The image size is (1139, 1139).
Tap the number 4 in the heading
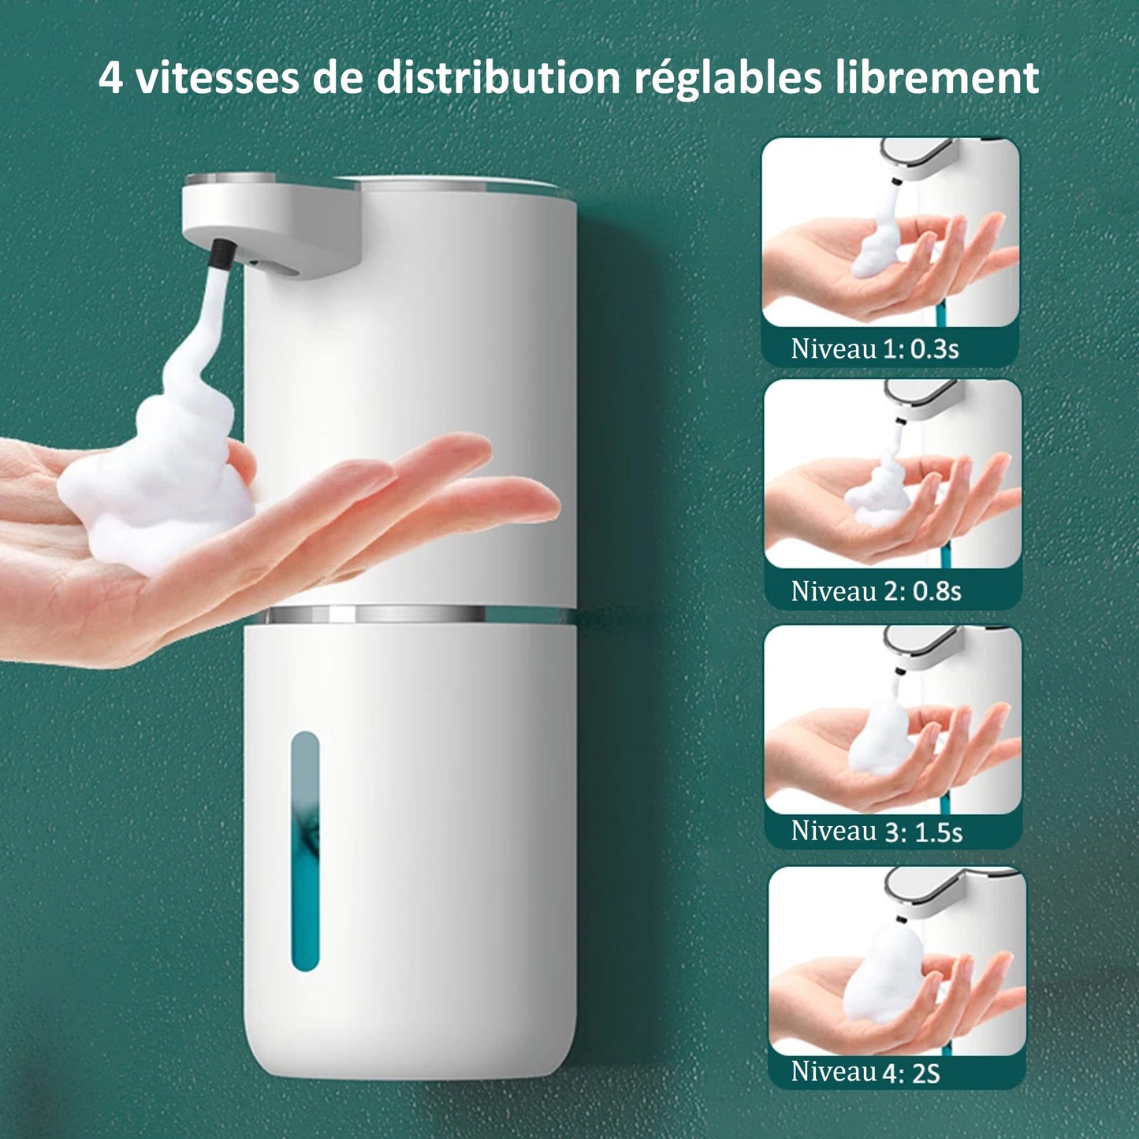[x=110, y=78]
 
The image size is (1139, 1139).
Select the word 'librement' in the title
[x=937, y=77]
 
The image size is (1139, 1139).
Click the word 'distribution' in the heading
[x=498, y=77]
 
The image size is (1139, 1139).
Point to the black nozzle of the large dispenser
[x=221, y=254]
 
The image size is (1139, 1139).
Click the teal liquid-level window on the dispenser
[x=306, y=851]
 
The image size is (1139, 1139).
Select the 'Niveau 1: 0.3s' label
[x=875, y=348]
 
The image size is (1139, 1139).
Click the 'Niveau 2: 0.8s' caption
[x=876, y=590]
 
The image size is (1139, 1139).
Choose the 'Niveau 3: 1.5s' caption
[x=877, y=831]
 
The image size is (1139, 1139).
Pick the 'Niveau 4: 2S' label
[x=865, y=1071]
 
